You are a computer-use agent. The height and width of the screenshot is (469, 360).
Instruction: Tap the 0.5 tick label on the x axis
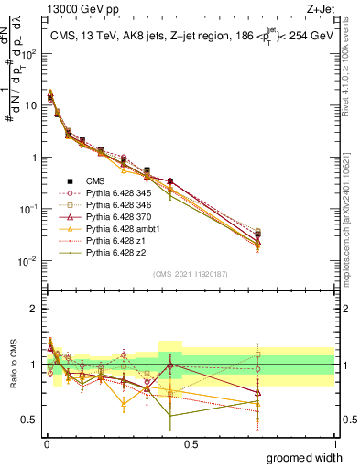(191, 443)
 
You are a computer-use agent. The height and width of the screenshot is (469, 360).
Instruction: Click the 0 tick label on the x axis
(46, 443)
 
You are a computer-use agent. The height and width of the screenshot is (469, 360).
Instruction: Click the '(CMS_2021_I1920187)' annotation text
(190, 272)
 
